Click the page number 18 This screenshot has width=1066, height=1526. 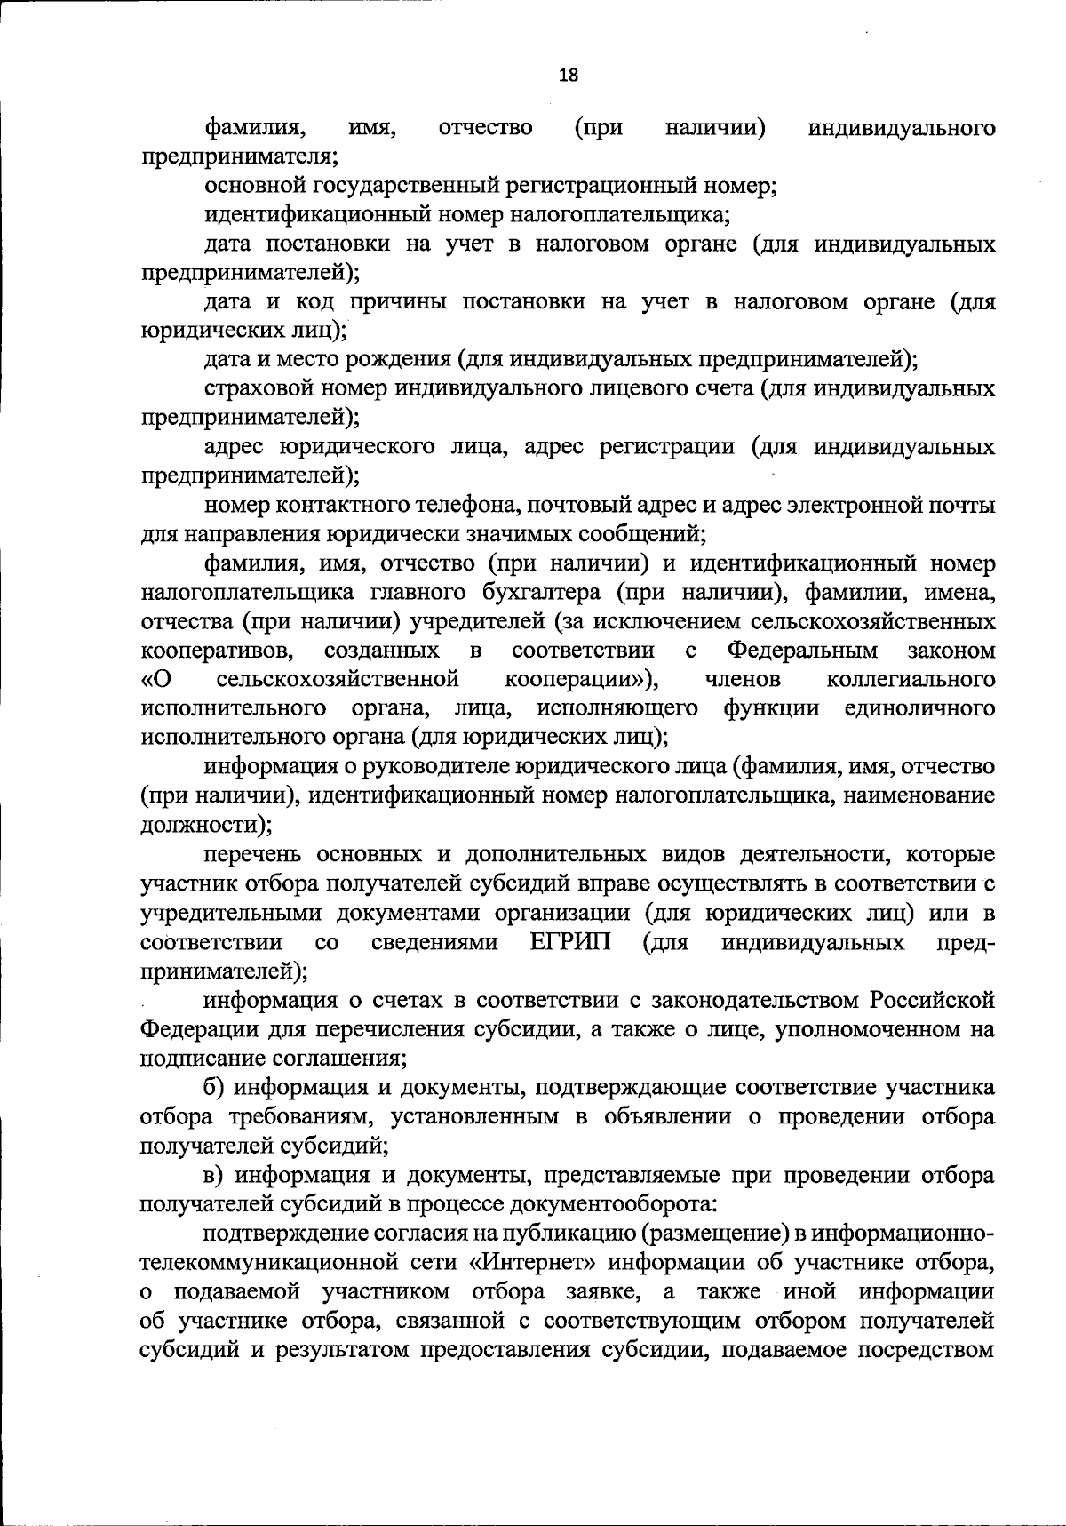tap(569, 76)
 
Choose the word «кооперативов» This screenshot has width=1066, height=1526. tap(219, 651)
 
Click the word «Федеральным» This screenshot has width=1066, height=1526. tap(802, 651)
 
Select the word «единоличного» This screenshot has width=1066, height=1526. tap(919, 708)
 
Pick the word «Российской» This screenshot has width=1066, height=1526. tap(932, 1001)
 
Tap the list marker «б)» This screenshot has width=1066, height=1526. tap(219, 1087)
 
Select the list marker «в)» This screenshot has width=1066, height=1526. tap(218, 1175)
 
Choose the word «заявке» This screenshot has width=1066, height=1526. tap(592, 1291)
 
